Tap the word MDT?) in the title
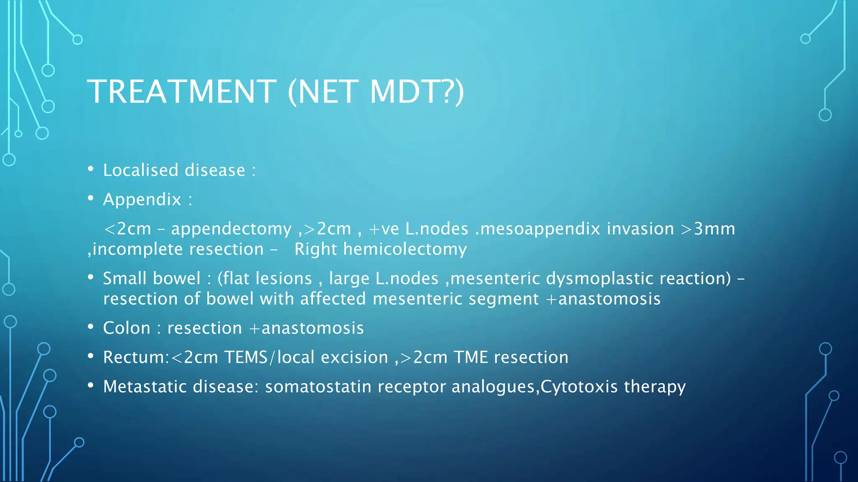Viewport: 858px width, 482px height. [417, 92]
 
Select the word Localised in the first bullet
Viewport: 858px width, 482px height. [141, 170]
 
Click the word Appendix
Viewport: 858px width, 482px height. [142, 200]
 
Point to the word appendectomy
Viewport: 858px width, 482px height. [231, 229]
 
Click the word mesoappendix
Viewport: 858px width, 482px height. [540, 229]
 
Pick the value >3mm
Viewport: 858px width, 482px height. [708, 229]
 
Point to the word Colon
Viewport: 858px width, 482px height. [127, 328]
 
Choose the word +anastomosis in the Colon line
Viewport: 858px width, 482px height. [307, 328]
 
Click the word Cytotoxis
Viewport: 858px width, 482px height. [579, 387]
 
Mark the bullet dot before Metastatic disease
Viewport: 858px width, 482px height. [90, 385]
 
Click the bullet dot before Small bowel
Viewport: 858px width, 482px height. [90, 277]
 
